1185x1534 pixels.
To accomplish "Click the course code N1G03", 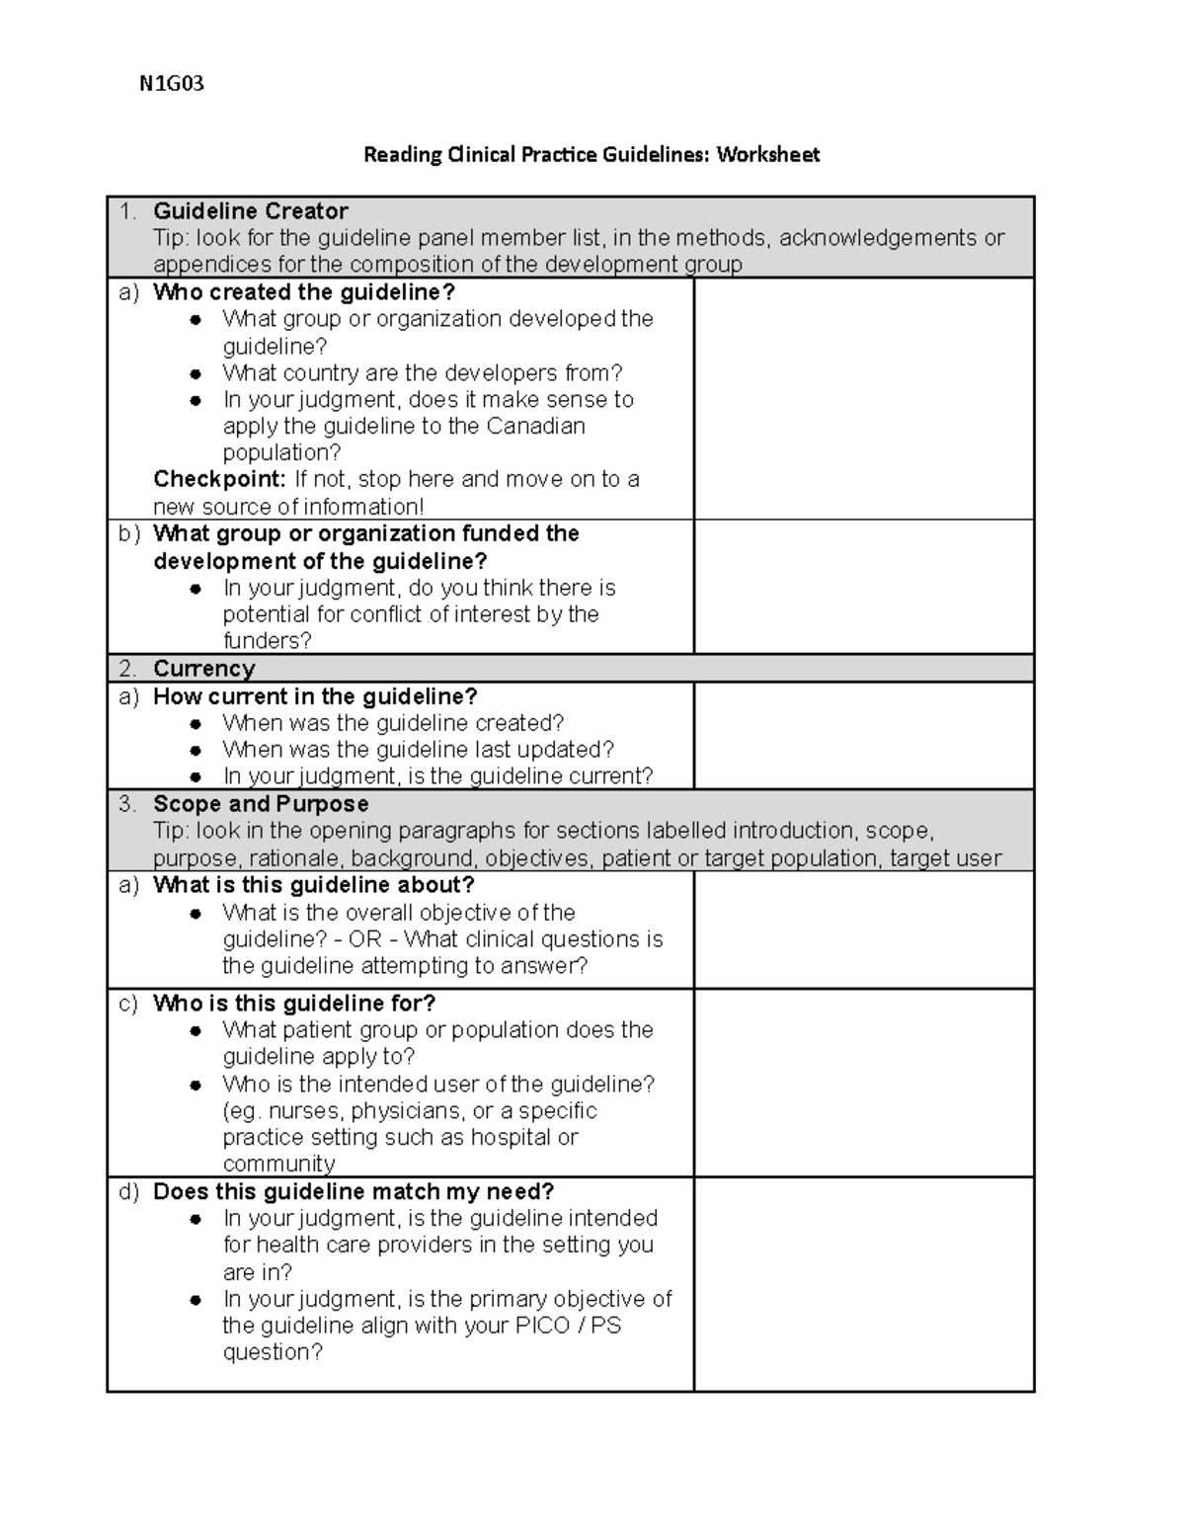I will [171, 84].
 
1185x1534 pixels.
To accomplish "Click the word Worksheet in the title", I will [767, 154].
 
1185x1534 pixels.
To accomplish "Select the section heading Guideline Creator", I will [250, 211].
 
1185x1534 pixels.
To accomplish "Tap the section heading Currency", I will [203, 669].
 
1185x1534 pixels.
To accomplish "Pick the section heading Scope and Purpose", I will [261, 804].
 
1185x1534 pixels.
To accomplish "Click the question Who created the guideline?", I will [304, 292].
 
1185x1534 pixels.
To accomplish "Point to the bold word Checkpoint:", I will [219, 480].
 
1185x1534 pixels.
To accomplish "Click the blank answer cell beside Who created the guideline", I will [864, 399].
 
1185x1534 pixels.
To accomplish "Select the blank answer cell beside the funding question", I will [864, 587].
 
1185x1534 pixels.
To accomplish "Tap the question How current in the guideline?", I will [315, 696].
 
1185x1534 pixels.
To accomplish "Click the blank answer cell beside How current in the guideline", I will [864, 736].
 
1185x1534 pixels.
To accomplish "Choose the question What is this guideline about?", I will [314, 885].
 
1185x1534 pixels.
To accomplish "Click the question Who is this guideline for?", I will [294, 1004].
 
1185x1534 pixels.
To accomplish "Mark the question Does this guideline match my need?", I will [354, 1192].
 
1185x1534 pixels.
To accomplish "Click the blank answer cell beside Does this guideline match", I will [864, 1284].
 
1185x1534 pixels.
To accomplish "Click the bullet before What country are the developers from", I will [197, 374].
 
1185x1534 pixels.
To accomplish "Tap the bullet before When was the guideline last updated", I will [197, 751].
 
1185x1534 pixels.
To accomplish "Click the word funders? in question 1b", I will [267, 641].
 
